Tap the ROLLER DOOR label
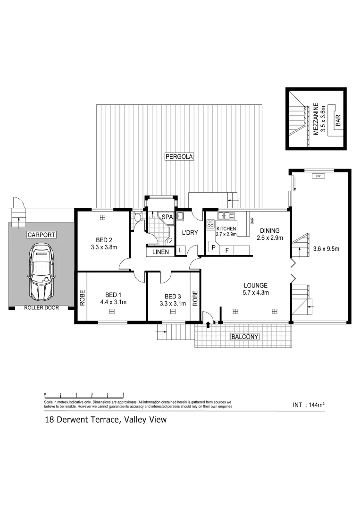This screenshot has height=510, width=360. [x=42, y=308]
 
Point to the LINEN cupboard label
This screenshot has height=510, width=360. [x=160, y=252]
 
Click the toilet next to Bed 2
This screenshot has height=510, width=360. [x=137, y=218]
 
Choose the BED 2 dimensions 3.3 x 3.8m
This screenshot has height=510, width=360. [x=104, y=247]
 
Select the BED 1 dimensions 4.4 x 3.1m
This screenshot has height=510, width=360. [x=113, y=302]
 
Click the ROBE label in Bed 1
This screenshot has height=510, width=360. [x=82, y=297]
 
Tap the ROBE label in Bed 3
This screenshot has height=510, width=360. [x=194, y=297]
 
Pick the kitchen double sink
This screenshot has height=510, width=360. [x=226, y=216]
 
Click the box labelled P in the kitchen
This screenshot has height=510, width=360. [x=213, y=248]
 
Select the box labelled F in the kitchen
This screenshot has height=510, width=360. [x=227, y=251]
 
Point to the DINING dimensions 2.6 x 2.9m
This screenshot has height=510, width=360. [x=269, y=238]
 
